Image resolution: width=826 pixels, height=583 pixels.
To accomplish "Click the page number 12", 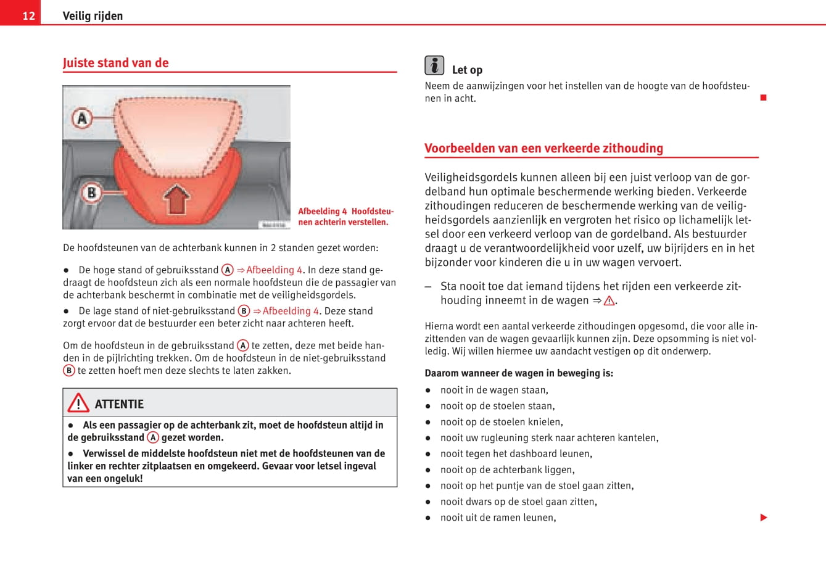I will pyautogui.click(x=28, y=15).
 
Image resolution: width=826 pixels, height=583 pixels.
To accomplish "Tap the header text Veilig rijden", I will pyautogui.click(x=93, y=16).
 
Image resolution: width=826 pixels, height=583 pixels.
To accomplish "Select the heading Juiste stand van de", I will pyautogui.click(x=115, y=63).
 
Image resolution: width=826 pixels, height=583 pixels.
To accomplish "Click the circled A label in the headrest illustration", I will pyautogui.click(x=82, y=118).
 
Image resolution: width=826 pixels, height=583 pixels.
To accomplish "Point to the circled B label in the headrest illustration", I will pyautogui.click(x=91, y=192).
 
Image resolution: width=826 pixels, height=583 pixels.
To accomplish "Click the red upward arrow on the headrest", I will pyautogui.click(x=176, y=199).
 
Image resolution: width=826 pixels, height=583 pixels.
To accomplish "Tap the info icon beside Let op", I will pyautogui.click(x=434, y=65).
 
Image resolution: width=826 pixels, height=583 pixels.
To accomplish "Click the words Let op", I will pyautogui.click(x=467, y=70).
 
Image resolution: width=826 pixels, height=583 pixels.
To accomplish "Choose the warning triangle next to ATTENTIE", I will pyautogui.click(x=78, y=403).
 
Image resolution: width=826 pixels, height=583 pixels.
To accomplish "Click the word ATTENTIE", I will pyautogui.click(x=119, y=404).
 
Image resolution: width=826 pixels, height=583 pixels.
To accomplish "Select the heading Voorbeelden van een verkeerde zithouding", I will pyautogui.click(x=543, y=149).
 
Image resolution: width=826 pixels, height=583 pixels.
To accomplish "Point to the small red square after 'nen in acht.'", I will pyautogui.click(x=763, y=97).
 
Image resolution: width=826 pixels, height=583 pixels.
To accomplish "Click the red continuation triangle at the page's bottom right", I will pyautogui.click(x=764, y=518).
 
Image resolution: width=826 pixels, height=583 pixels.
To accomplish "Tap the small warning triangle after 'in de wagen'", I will pyautogui.click(x=609, y=301).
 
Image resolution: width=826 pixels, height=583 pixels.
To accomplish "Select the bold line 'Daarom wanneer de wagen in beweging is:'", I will pyautogui.click(x=519, y=373).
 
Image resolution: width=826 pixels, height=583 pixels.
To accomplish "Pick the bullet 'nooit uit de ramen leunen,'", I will pyautogui.click(x=498, y=518).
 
